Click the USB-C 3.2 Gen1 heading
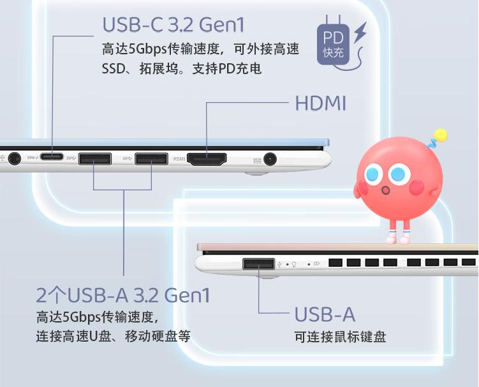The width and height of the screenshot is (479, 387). (173, 26)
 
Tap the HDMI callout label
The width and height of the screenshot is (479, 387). (321, 103)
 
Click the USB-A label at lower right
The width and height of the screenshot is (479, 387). (325, 314)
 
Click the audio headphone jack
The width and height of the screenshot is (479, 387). (14, 158)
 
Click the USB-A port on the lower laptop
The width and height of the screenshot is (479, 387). (258, 263)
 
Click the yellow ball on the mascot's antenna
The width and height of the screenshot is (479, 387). (440, 135)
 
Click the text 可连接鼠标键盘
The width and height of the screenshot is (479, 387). (340, 337)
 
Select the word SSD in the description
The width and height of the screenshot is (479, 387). (112, 68)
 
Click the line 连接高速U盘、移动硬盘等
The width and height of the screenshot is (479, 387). (113, 336)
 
